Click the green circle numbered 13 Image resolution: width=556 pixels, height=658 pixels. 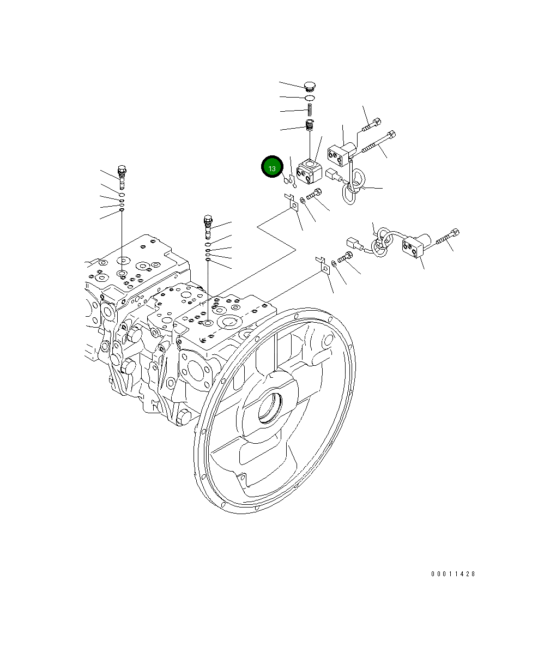(x=272, y=167)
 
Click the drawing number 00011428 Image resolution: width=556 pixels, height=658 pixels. (x=453, y=574)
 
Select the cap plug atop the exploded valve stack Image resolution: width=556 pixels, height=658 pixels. (x=310, y=86)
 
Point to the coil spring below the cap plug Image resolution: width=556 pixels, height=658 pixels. (x=310, y=111)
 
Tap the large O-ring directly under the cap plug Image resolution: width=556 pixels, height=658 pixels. (x=310, y=98)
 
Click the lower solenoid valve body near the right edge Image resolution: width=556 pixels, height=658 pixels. (x=416, y=245)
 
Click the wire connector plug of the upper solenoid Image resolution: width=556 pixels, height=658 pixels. (x=333, y=175)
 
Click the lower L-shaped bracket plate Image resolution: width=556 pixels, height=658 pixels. (x=323, y=265)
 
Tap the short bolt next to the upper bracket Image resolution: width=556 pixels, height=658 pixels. (x=315, y=194)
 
